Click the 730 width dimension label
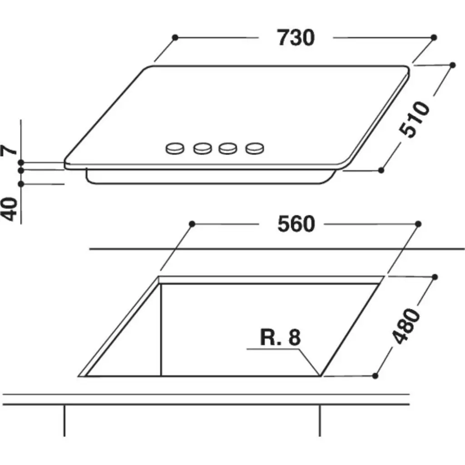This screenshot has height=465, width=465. [296, 38]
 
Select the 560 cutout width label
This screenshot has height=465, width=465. [296, 224]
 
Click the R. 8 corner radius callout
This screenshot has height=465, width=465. [281, 338]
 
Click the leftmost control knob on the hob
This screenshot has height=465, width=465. [176, 148]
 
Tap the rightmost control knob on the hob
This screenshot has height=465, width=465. [255, 148]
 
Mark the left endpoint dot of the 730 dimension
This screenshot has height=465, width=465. [175, 37]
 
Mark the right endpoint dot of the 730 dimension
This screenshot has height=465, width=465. [434, 37]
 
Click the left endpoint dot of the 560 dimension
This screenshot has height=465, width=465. [192, 224]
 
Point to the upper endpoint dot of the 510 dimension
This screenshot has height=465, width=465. [452, 65]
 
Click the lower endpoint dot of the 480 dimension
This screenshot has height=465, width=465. [375, 376]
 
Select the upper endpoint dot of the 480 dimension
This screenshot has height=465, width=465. [435, 277]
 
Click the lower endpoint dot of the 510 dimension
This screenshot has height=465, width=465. [381, 170]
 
